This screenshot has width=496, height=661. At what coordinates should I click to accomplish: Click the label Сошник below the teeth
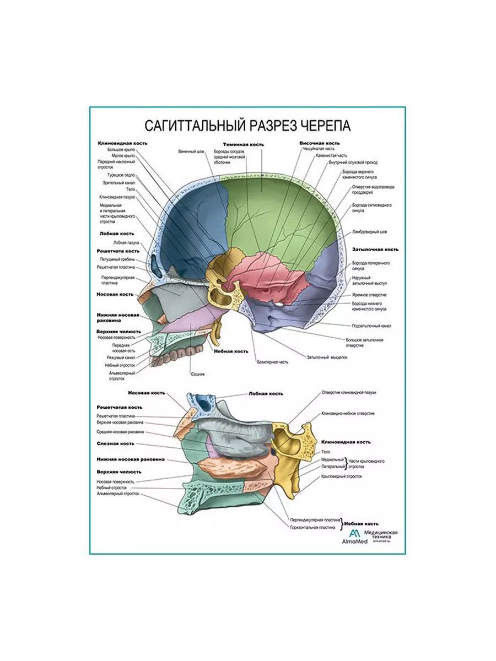198,373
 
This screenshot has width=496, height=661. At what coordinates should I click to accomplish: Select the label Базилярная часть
273,362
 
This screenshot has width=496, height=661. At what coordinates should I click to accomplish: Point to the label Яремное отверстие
369,295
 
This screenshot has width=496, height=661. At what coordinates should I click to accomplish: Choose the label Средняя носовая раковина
120,432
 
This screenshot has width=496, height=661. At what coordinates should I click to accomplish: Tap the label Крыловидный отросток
346,475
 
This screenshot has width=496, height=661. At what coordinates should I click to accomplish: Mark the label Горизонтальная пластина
311,527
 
